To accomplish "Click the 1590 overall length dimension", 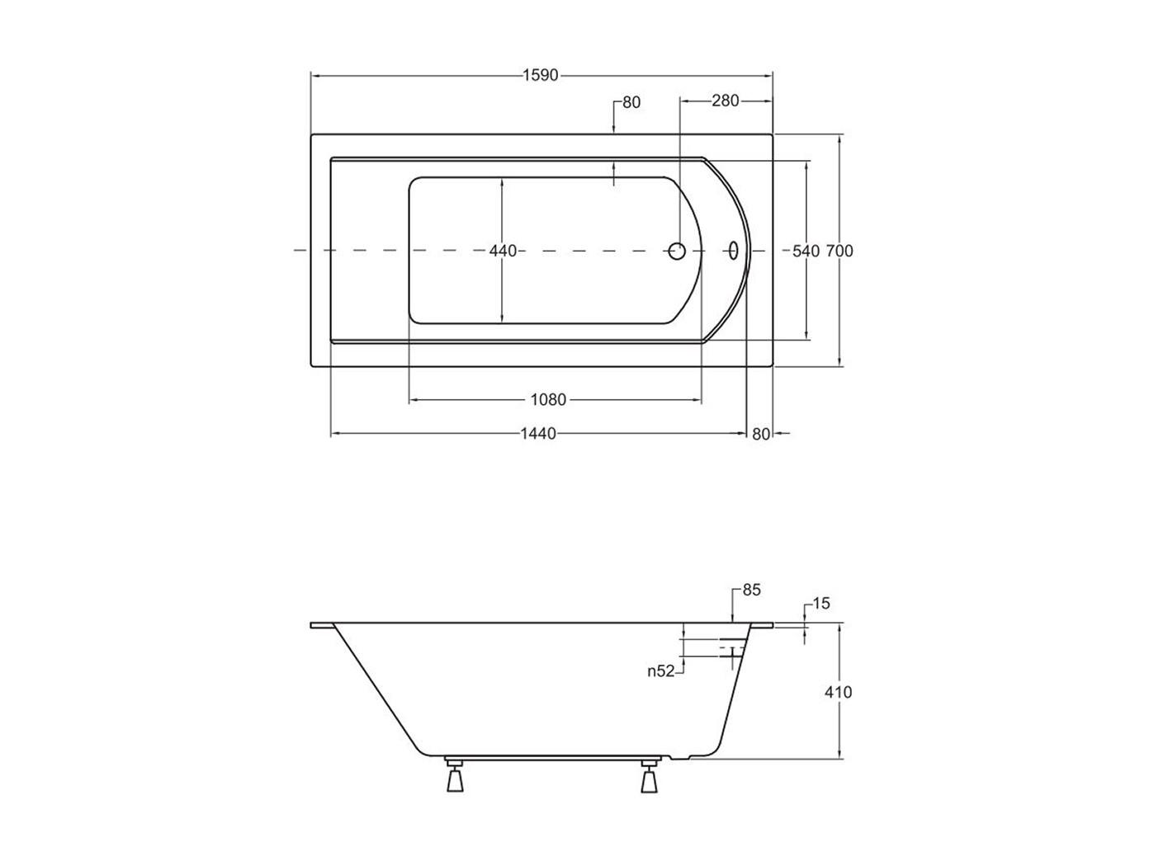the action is (x=541, y=76).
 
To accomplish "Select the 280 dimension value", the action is (x=725, y=101).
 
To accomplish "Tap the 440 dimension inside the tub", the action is (x=503, y=251).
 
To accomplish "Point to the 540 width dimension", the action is (x=806, y=252).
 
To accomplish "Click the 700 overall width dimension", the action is (x=839, y=252).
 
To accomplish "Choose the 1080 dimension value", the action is (x=548, y=400).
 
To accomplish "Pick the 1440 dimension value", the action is (x=538, y=434).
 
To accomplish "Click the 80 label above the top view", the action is (x=631, y=102).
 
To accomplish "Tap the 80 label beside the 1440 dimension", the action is (x=761, y=435).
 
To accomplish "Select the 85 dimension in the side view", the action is (x=751, y=590).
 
